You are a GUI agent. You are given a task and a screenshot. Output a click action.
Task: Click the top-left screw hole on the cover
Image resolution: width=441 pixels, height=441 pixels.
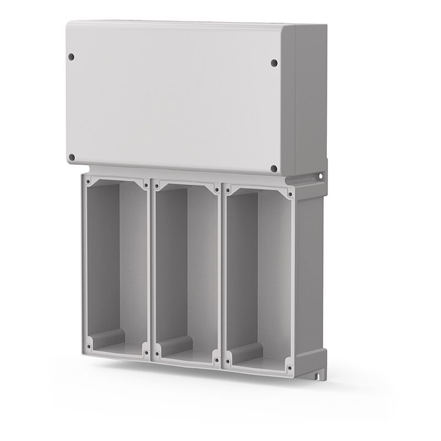71,56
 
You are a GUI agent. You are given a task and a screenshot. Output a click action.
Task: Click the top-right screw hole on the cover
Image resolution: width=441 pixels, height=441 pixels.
274,63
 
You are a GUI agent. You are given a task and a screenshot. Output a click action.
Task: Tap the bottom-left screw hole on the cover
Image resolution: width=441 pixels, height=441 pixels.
71,157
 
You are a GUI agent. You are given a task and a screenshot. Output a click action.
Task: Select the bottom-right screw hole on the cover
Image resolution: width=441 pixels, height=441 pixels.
274,169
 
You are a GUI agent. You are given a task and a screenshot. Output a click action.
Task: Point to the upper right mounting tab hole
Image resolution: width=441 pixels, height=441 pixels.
321,176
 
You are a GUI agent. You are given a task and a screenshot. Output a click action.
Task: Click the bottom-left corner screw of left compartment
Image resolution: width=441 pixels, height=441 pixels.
87,348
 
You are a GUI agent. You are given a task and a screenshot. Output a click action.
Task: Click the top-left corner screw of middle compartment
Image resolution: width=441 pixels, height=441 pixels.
157,185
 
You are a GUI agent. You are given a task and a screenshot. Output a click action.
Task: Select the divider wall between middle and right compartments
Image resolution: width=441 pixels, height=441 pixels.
222,276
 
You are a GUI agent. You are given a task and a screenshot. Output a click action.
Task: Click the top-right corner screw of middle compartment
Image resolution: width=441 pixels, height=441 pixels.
216,189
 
